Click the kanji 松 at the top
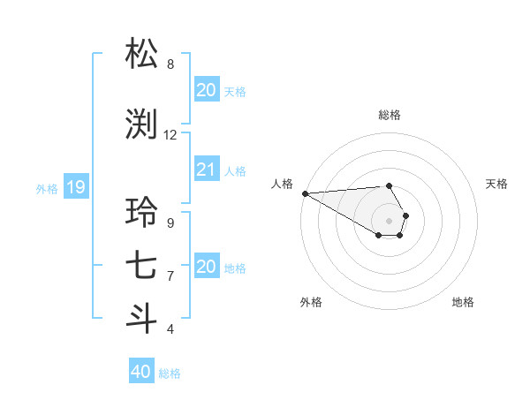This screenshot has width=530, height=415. (x=142, y=54)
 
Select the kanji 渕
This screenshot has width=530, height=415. (x=142, y=124)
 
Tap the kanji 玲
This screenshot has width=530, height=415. (x=142, y=213)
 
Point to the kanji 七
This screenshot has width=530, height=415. (x=142, y=266)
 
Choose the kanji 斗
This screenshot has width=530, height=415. (x=142, y=319)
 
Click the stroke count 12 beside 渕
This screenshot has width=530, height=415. (x=170, y=135)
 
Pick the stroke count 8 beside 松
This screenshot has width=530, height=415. (x=170, y=64)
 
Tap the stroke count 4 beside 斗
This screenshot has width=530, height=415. (x=170, y=329)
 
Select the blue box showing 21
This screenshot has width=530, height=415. (x=207, y=170)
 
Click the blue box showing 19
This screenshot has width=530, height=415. (x=76, y=187)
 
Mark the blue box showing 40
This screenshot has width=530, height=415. (x=140, y=372)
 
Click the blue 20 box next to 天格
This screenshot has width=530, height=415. (x=207, y=90)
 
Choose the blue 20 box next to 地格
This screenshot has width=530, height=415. (x=207, y=267)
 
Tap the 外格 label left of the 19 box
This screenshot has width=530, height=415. (x=47, y=188)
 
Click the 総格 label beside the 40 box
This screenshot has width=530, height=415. (x=170, y=373)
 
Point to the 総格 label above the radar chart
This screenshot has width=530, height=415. (x=390, y=115)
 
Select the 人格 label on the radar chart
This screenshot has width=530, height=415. (x=282, y=184)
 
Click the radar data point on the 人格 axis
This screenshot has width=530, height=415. (x=305, y=193)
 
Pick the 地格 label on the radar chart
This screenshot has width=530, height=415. (x=463, y=303)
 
